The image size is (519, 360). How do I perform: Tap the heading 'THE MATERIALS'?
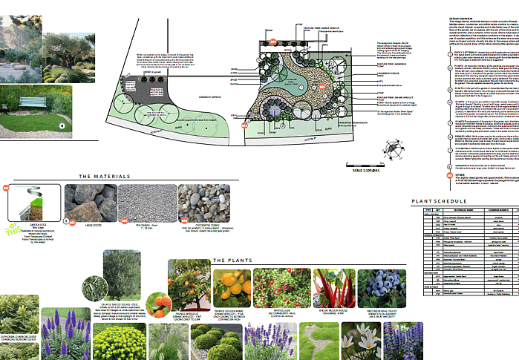click(x=104, y=177)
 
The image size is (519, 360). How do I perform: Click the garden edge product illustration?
click(x=33, y=207)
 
